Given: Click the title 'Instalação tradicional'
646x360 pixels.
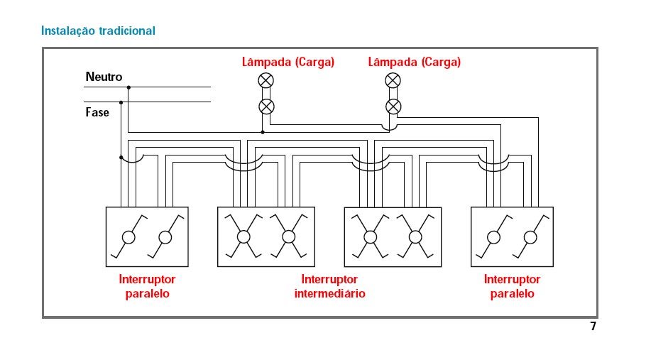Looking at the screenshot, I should pyautogui.click(x=99, y=31).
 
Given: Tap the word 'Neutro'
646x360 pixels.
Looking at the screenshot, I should pyautogui.click(x=104, y=77).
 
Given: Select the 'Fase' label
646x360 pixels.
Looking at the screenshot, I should pyautogui.click(x=97, y=112).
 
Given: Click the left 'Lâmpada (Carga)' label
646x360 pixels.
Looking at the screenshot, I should pyautogui.click(x=288, y=62).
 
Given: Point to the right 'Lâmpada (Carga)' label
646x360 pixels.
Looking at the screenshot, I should pyautogui.click(x=415, y=62).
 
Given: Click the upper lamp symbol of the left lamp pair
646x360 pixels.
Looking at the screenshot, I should pyautogui.click(x=265, y=80).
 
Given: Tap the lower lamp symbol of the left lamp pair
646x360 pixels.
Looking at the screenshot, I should pyautogui.click(x=265, y=107).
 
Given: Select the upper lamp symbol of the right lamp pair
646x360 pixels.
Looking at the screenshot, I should pyautogui.click(x=393, y=80).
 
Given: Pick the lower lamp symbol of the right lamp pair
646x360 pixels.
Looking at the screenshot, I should pyautogui.click(x=393, y=107).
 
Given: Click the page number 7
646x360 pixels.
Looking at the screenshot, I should pyautogui.click(x=593, y=327).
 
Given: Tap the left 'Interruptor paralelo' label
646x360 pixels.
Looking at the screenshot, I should pyautogui.click(x=147, y=286).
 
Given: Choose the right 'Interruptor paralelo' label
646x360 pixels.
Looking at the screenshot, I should pyautogui.click(x=512, y=286).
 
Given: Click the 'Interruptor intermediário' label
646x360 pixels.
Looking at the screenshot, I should pyautogui.click(x=329, y=286).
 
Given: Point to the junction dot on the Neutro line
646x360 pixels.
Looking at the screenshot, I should pyautogui.click(x=128, y=87).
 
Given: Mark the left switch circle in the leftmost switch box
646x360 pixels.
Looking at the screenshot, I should pyautogui.click(x=128, y=237).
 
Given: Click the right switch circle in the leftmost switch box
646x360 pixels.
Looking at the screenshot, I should pyautogui.click(x=165, y=237).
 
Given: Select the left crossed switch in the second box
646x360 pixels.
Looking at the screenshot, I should pyautogui.click(x=243, y=237).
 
